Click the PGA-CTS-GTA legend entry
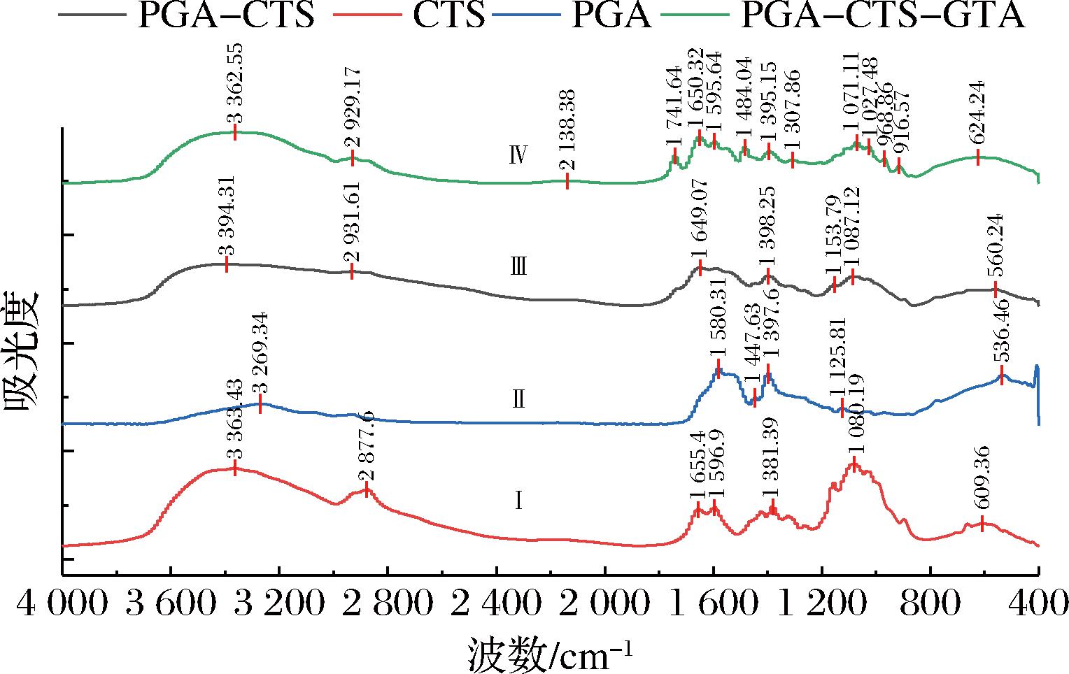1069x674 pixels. click(x=882, y=15)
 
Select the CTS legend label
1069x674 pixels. click(x=448, y=15)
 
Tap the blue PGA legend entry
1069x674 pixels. click(x=611, y=15)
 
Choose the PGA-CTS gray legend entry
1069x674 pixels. click(x=225, y=15)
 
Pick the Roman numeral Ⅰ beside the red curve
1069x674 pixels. click(x=518, y=501)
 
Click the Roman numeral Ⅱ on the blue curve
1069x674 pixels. click(x=518, y=400)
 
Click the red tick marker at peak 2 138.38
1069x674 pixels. click(x=567, y=181)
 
